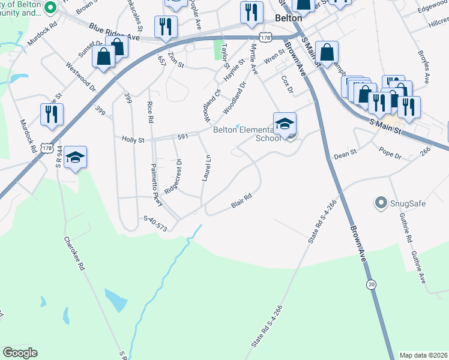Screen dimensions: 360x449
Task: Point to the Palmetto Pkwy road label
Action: click(157, 182)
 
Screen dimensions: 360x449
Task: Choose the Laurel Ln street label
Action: click(208, 170)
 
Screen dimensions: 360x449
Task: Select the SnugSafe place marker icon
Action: click(380, 203)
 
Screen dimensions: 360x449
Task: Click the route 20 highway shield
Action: click(372, 284)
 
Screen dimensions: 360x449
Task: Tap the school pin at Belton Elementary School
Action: click(285, 124)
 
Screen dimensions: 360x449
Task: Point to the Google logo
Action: click(20, 352)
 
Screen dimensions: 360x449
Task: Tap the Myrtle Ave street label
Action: click(254, 59)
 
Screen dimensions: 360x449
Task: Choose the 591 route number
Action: click(182, 137)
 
